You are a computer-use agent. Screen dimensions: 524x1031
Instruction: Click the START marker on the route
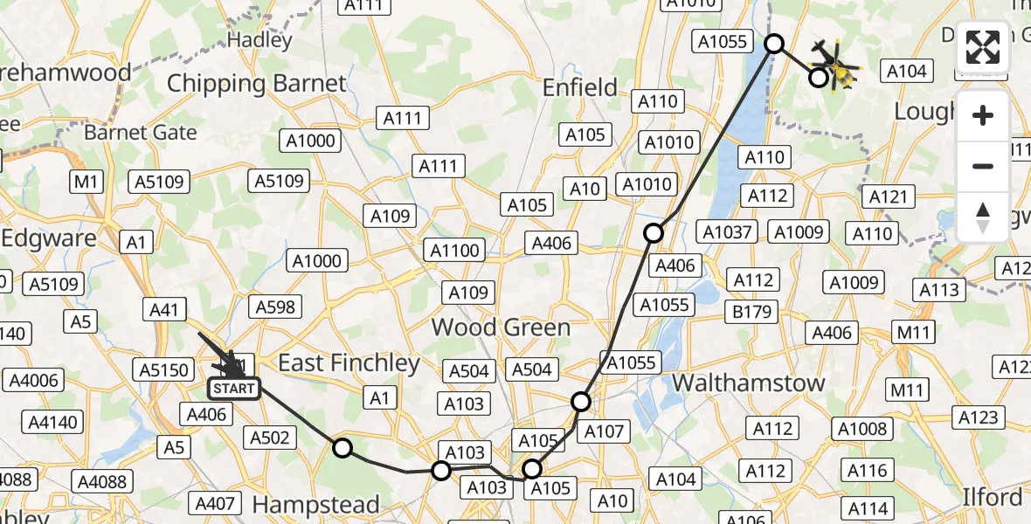click(x=233, y=389)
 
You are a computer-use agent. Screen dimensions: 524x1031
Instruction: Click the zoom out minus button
click(x=983, y=166)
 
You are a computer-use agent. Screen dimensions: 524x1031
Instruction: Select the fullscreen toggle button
click(x=983, y=47)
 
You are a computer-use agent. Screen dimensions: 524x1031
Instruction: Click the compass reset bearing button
click(x=983, y=217)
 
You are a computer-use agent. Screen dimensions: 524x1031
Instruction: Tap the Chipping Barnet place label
click(x=257, y=84)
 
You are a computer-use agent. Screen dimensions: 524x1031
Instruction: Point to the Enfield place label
click(x=579, y=87)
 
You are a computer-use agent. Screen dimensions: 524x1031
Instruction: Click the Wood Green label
click(x=501, y=327)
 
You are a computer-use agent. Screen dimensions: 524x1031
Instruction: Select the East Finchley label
click(x=349, y=363)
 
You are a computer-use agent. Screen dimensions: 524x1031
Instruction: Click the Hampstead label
click(x=315, y=505)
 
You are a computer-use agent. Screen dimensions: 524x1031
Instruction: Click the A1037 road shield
click(x=728, y=231)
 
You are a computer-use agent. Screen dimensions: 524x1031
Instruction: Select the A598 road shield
click(x=275, y=307)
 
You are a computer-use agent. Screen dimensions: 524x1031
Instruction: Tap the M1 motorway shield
click(x=86, y=182)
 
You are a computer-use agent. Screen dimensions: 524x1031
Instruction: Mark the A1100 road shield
click(x=455, y=251)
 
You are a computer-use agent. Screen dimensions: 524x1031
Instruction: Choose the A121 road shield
click(x=889, y=196)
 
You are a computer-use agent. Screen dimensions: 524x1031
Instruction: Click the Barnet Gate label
click(x=141, y=133)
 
